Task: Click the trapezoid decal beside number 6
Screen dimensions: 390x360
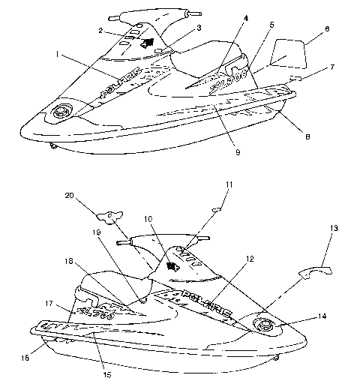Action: pos(287,53)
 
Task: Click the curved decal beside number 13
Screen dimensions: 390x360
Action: pos(314,268)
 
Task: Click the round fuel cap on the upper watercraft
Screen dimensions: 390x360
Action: pos(59,113)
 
